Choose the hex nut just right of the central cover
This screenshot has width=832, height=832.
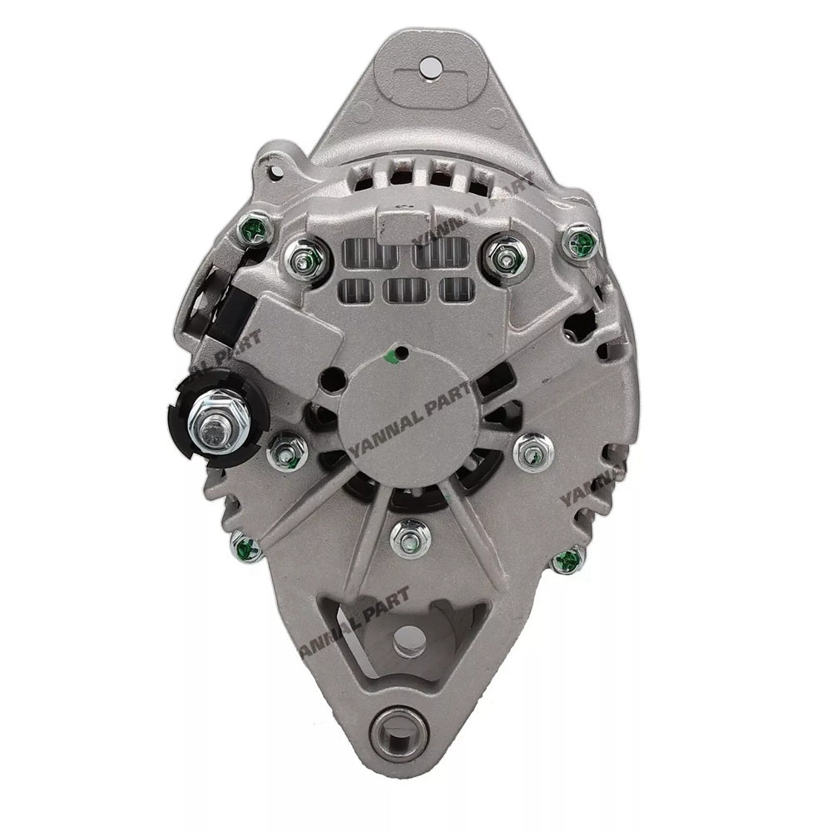530,453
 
